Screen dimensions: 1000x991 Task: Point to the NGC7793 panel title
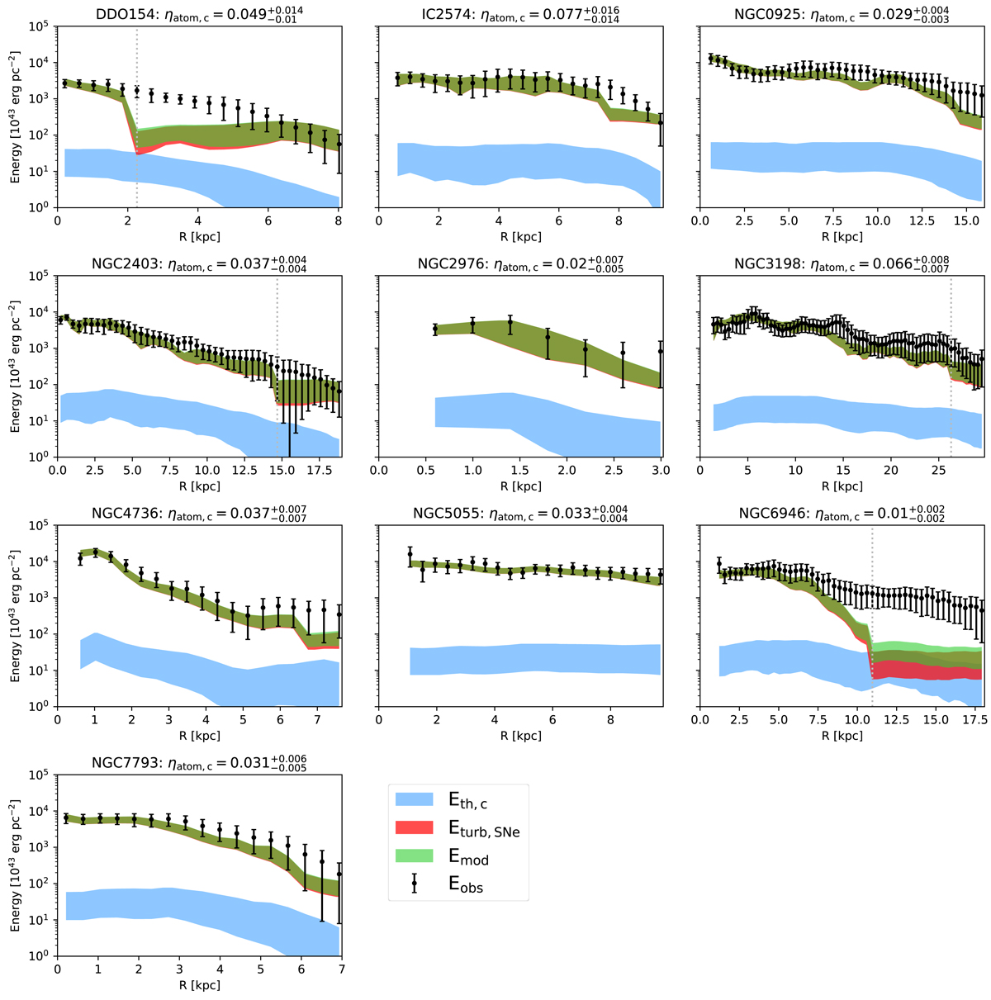[198, 762]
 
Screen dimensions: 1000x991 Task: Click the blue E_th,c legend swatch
[415, 799]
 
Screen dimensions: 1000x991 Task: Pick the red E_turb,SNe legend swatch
[415, 829]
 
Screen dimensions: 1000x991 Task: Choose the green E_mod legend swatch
[415, 858]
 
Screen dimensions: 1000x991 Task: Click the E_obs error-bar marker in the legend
[415, 885]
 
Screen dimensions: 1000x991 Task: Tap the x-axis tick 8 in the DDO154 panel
[339, 220]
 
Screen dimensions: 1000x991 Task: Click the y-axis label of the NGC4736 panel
[16, 633]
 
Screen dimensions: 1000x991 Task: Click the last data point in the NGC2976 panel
[661, 351]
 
